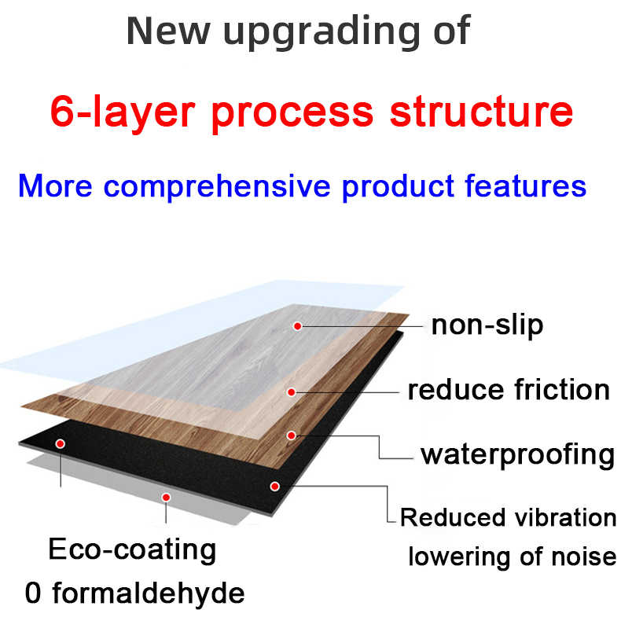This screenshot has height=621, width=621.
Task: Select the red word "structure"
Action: (481, 111)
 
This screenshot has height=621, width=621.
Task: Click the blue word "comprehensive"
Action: (217, 186)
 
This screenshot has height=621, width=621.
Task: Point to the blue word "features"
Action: (525, 186)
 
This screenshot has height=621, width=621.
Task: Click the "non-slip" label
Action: (487, 325)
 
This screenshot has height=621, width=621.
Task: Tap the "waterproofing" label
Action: (518, 454)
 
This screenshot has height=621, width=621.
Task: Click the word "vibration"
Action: (565, 517)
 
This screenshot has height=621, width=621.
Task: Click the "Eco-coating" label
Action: (132, 549)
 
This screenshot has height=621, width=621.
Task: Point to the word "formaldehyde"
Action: (149, 593)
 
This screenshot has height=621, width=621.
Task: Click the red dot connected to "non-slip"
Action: (297, 326)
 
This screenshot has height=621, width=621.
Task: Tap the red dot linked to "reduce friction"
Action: (292, 392)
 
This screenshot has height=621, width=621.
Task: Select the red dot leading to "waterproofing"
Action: (292, 435)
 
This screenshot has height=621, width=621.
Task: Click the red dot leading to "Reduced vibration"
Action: (275, 486)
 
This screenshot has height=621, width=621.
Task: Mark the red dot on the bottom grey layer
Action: (167, 498)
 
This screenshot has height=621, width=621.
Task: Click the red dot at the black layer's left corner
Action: (61, 443)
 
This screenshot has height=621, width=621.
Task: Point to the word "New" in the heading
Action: (168, 31)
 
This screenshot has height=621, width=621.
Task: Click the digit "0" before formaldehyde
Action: (33, 593)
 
